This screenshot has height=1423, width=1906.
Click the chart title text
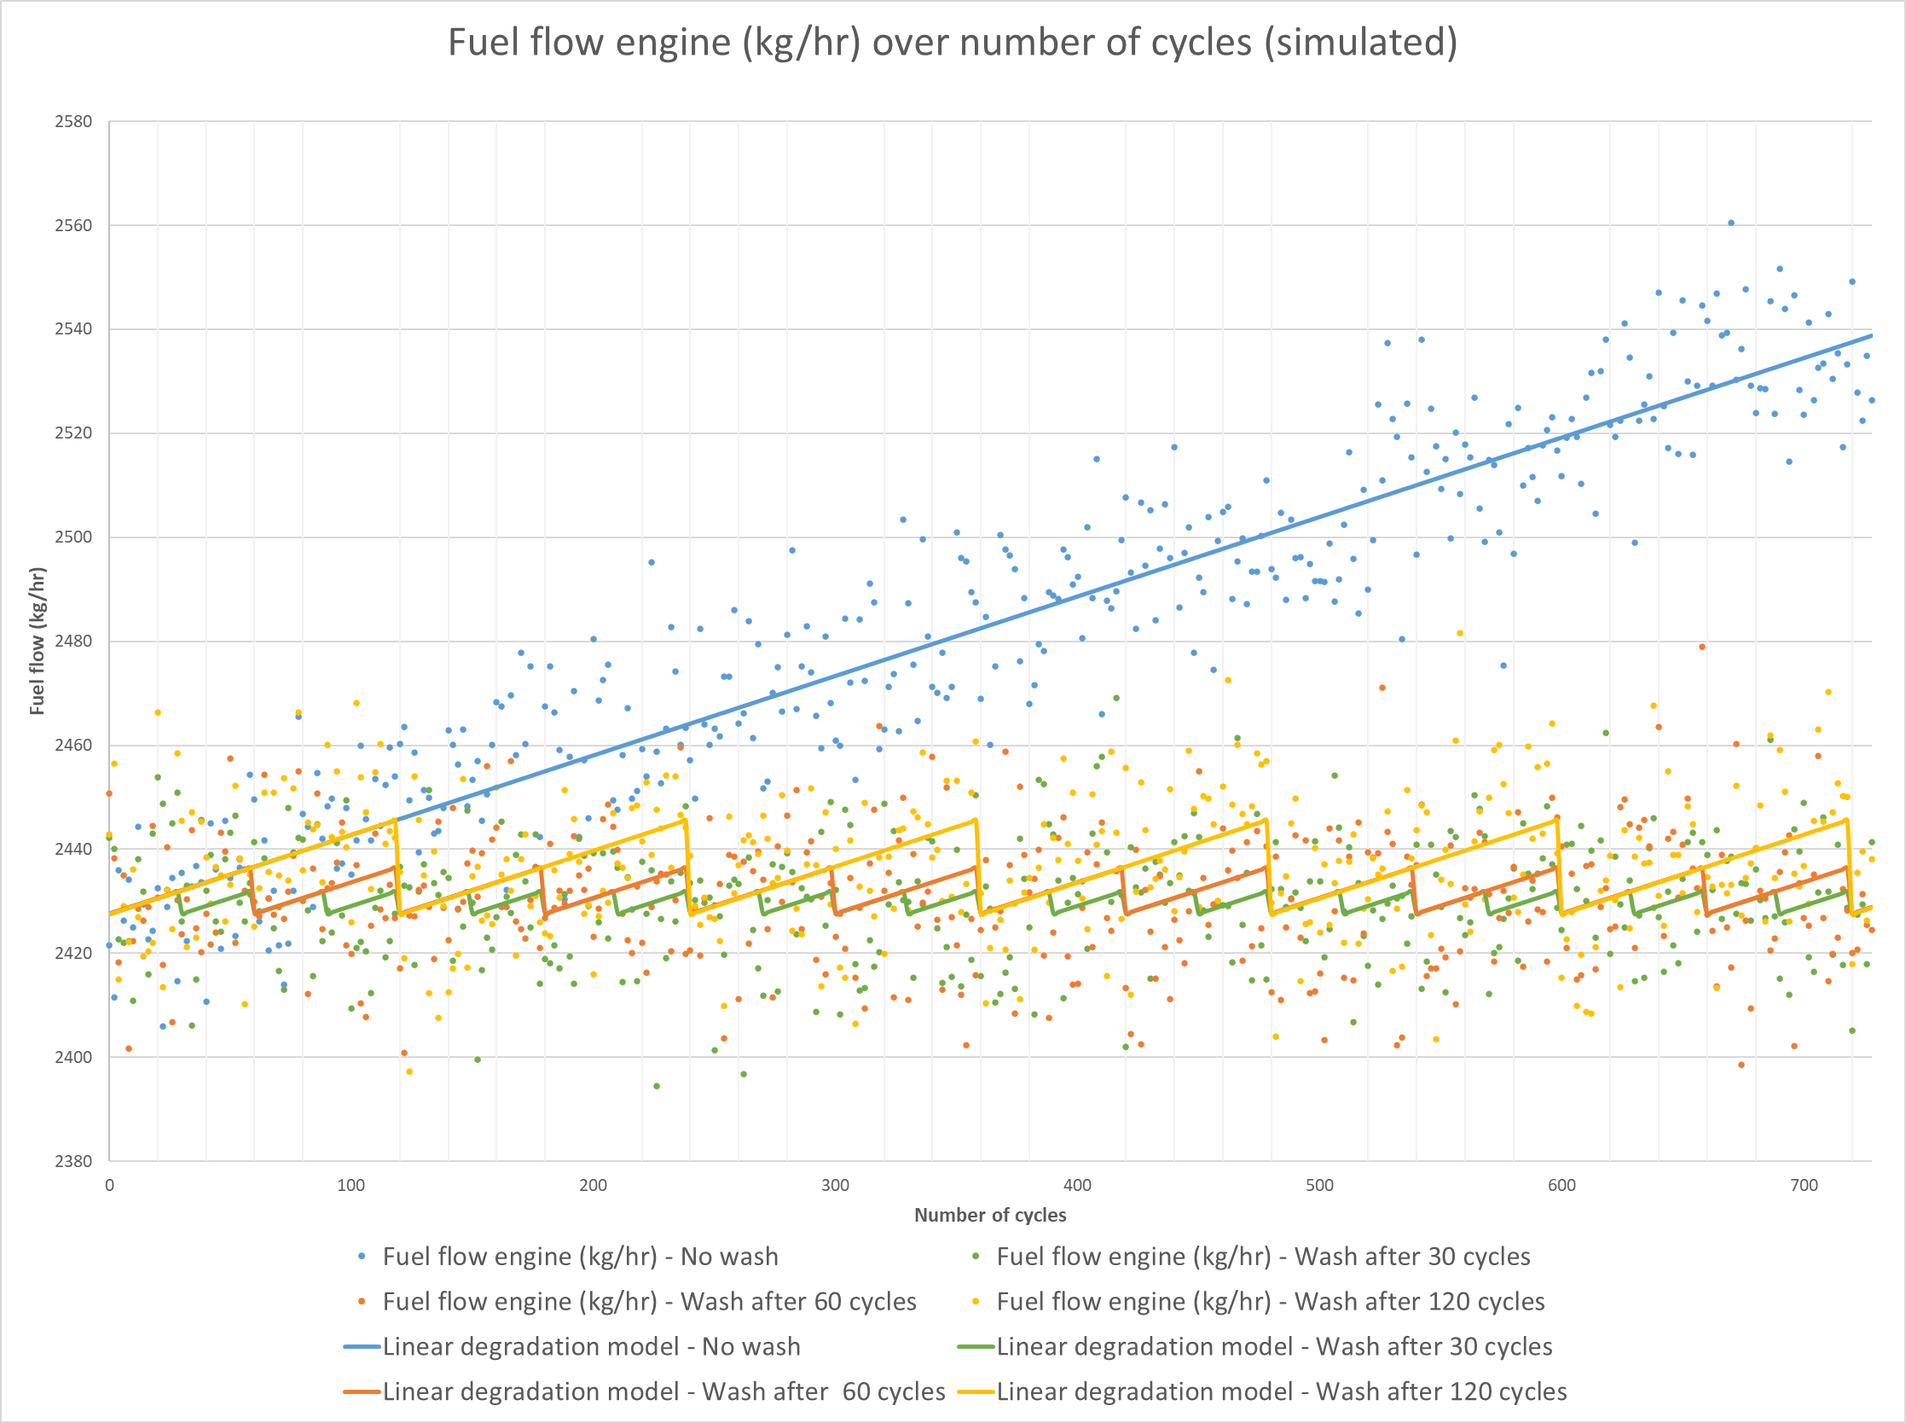(x=952, y=43)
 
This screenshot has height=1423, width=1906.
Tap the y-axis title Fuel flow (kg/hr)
(x=37, y=641)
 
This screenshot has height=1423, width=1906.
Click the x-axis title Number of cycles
(x=990, y=1215)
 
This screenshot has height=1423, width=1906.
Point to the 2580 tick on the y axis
(x=73, y=121)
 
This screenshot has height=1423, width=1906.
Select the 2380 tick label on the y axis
(x=73, y=1161)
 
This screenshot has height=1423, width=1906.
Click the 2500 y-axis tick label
(x=73, y=537)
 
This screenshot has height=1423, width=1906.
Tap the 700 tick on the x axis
(x=1804, y=1185)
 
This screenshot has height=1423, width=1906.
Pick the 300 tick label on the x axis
(x=835, y=1185)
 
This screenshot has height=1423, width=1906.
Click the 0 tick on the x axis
(x=109, y=1185)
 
